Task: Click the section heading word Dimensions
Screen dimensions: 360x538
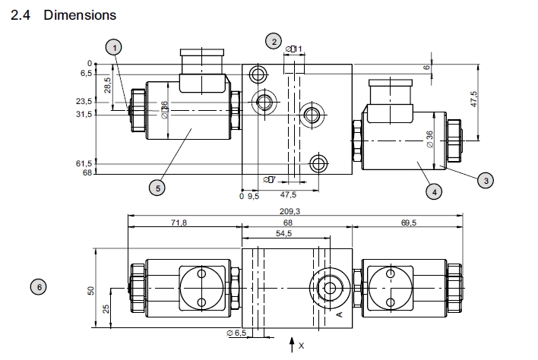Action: [x=80, y=14]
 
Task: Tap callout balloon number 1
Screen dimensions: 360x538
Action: [x=113, y=47]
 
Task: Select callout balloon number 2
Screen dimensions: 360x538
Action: [x=273, y=41]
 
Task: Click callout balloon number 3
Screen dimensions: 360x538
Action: [x=485, y=179]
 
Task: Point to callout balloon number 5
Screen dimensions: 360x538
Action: [x=157, y=187]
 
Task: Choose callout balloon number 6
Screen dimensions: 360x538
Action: [x=38, y=286]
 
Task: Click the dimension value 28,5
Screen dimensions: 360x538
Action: [x=109, y=84]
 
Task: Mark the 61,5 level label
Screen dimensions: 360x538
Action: [x=84, y=163]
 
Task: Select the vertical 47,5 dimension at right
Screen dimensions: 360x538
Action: [x=473, y=100]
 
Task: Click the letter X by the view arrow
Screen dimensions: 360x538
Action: [x=301, y=346]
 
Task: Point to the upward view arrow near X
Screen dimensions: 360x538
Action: [x=290, y=346]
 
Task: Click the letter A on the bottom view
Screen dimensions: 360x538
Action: [x=340, y=312]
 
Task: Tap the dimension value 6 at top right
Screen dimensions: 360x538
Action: [x=427, y=67]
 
